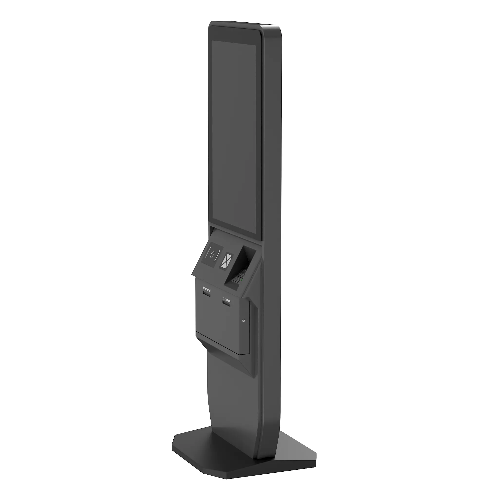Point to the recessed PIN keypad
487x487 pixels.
(x=238, y=276)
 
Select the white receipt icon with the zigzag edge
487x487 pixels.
(x=206, y=288)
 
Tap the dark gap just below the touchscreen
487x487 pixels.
(x=234, y=234)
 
